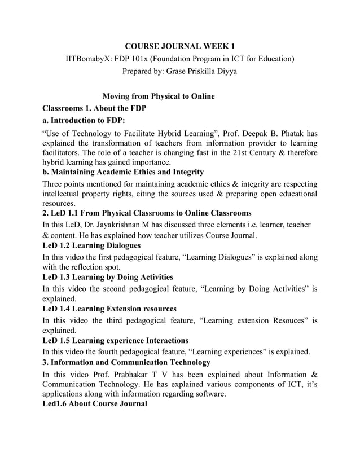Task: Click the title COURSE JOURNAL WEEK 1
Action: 179,46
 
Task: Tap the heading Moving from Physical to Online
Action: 157,96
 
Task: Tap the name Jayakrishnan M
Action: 141,225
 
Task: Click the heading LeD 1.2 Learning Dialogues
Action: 92,246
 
